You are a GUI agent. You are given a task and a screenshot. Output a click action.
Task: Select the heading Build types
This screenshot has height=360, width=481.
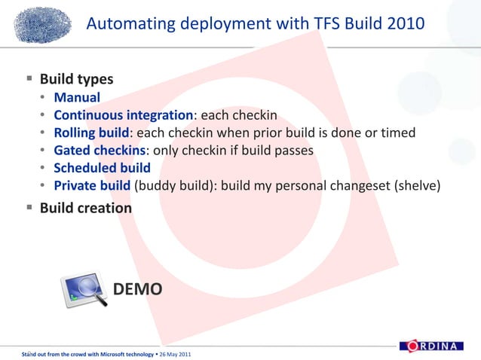point(76,79)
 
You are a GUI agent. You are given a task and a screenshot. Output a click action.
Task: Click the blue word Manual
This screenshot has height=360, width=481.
point(77,97)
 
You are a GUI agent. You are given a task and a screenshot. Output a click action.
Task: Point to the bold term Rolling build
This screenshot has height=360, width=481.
point(91,133)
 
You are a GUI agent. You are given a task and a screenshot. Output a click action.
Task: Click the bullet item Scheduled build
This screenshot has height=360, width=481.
point(102,168)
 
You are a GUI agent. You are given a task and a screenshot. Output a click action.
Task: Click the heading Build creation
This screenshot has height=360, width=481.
point(85,207)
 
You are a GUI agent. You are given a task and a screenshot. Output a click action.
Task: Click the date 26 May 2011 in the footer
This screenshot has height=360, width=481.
point(174,354)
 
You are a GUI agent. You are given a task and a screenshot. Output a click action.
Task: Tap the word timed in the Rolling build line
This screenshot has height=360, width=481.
point(397,133)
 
